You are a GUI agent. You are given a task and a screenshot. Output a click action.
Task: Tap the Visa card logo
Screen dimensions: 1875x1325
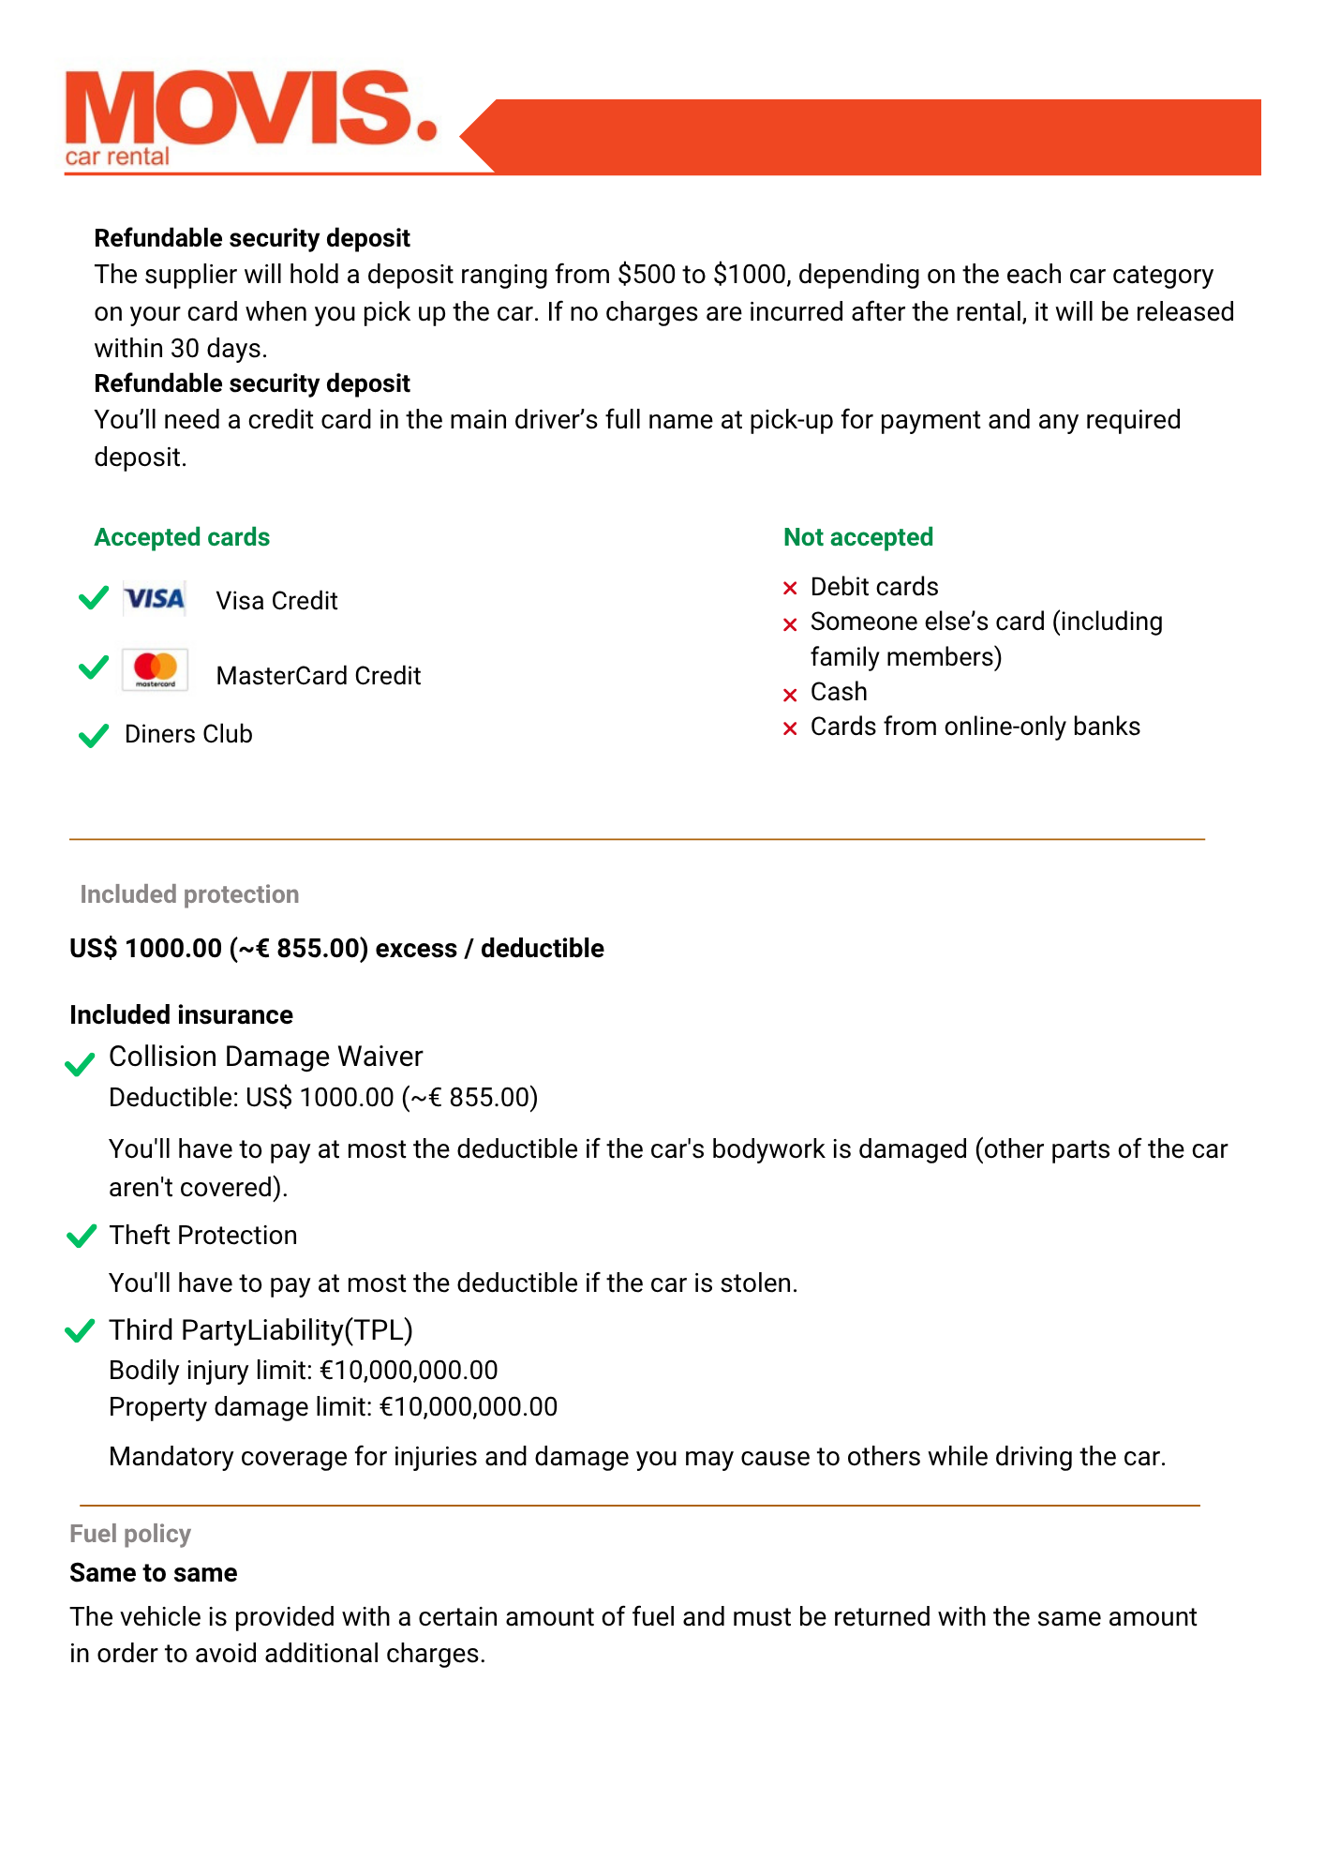[155, 599]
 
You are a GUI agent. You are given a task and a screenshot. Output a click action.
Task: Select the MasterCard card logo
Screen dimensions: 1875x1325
[155, 669]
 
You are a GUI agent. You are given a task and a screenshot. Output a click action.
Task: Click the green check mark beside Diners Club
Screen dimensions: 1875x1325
[94, 735]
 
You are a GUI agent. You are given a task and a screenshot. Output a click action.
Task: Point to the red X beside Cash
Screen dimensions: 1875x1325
[790, 695]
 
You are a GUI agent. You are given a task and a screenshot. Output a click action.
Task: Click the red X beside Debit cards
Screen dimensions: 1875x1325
[790, 589]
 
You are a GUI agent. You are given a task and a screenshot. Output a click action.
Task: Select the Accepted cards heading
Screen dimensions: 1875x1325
[182, 537]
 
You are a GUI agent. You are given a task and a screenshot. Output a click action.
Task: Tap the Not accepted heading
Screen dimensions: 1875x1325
[858, 537]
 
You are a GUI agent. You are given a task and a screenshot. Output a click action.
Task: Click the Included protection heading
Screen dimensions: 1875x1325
[189, 894]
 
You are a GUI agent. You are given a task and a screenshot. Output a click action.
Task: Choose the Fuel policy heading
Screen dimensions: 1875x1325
[130, 1534]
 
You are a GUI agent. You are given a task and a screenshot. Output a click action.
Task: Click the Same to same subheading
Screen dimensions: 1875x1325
[154, 1573]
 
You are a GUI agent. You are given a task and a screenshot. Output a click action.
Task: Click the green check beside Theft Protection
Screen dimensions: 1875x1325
[82, 1237]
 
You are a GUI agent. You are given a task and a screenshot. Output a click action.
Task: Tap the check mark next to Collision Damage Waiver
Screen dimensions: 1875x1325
[80, 1064]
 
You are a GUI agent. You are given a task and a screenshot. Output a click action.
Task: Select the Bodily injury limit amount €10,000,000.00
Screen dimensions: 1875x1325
[409, 1371]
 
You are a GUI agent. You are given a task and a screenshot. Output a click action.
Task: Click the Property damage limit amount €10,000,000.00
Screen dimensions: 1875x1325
[469, 1407]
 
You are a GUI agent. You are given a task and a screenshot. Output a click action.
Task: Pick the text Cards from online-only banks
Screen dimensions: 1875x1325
[975, 727]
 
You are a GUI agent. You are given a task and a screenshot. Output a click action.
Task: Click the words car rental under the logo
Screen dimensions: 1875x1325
[117, 157]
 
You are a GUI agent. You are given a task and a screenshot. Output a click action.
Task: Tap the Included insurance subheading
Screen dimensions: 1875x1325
[181, 1015]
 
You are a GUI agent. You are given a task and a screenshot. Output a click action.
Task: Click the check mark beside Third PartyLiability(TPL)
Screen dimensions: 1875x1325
[81, 1331]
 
